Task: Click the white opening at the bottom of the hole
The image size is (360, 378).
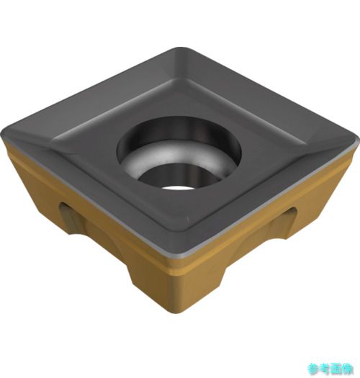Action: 178,187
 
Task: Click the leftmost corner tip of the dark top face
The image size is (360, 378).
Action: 2,135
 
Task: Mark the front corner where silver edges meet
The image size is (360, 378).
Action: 181,257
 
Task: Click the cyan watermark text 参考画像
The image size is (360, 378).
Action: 330,369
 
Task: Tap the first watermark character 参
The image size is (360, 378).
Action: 313,369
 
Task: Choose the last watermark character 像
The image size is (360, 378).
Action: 348,369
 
